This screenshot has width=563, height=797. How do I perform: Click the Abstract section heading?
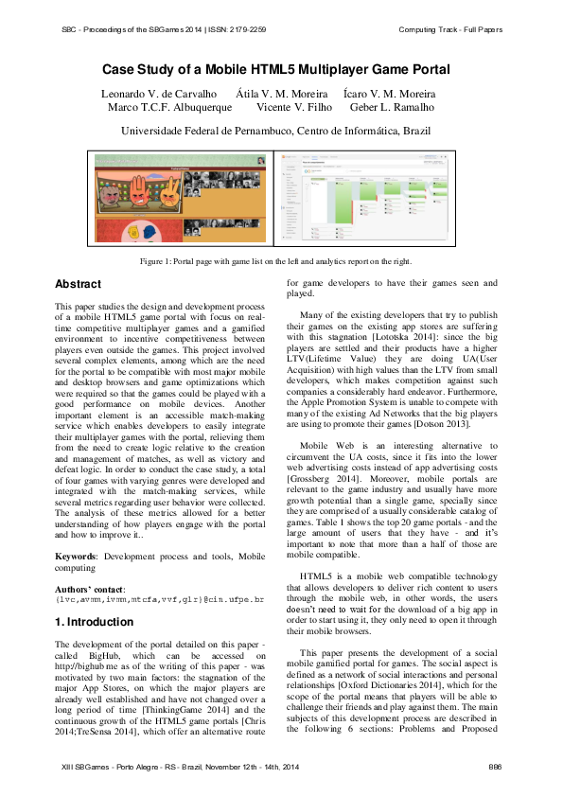click(x=79, y=284)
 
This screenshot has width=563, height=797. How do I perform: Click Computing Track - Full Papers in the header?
click(x=450, y=29)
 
